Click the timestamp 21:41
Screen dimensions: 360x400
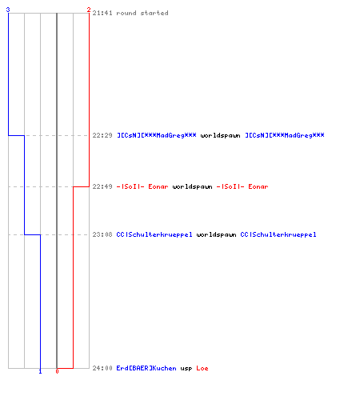[102, 13]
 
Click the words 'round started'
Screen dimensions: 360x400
[142, 13]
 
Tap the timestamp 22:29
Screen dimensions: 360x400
[102, 135]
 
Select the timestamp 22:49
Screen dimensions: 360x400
[102, 186]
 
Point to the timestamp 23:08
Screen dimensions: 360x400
[102, 234]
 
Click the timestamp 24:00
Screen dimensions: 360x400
[102, 368]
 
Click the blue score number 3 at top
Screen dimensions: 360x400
[8, 10]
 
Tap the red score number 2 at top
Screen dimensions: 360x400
[89, 10]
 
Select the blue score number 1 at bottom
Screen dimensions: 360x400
[40, 371]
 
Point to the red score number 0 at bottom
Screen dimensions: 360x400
[57, 371]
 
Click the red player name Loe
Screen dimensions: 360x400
[202, 368]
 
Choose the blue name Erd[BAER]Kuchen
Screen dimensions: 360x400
[146, 368]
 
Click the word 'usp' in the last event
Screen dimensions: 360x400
[186, 369]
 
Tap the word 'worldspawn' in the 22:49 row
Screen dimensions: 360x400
[193, 186]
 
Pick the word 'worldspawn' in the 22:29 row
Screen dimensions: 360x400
[221, 135]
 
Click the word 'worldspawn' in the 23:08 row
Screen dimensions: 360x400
[217, 234]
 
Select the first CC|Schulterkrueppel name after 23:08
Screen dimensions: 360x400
[154, 234]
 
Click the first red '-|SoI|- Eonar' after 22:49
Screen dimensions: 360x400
[142, 186]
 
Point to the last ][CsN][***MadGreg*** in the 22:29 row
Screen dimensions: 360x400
[285, 135]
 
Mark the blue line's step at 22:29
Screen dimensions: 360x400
[16, 135]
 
